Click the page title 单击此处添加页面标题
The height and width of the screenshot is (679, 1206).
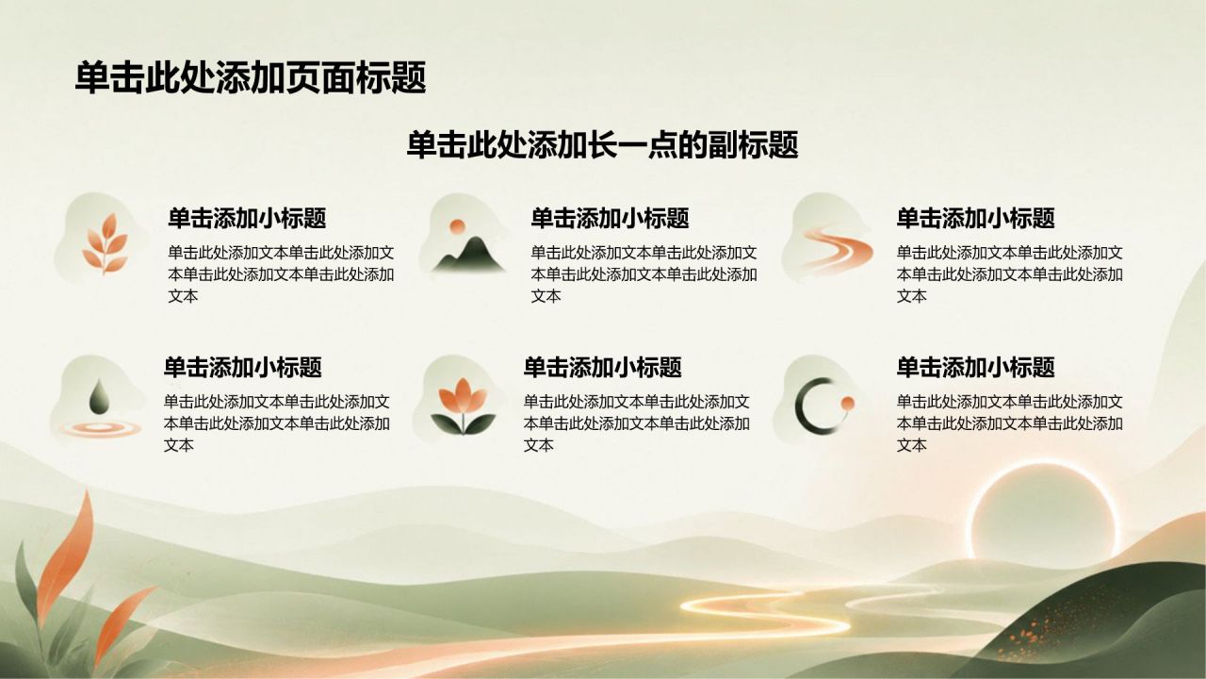click(251, 77)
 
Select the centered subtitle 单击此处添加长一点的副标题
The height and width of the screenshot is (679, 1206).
click(602, 145)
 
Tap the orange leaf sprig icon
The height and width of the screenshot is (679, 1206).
click(106, 243)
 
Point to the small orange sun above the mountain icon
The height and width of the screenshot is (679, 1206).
click(457, 226)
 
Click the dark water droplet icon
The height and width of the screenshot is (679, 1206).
click(98, 396)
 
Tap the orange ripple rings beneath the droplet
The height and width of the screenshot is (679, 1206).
click(100, 428)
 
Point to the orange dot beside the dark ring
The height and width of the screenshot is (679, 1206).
click(847, 403)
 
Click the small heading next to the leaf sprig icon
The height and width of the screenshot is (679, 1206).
click(247, 218)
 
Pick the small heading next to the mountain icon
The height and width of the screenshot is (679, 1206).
click(610, 218)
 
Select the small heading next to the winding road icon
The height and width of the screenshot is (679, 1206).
click(975, 218)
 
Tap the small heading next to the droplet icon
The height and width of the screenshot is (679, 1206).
click(243, 367)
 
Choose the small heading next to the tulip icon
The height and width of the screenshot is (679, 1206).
click(602, 367)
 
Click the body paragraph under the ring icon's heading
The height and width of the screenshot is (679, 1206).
click(1009, 423)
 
